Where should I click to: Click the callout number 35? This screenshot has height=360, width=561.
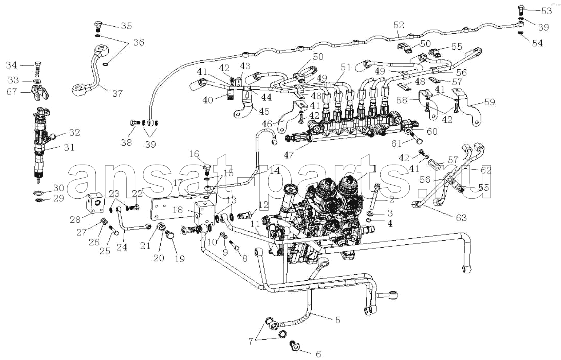[x=126, y=26]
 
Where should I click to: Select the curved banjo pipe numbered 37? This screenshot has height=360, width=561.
[x=93, y=74]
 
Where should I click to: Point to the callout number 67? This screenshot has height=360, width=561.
[x=12, y=91]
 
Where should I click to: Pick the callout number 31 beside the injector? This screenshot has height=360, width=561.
[x=69, y=147]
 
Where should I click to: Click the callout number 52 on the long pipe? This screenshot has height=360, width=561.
[x=398, y=25]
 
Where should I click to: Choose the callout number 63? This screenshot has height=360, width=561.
[x=461, y=217]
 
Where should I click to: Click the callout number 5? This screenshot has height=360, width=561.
[x=337, y=320]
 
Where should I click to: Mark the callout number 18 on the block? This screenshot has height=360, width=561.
[x=178, y=210]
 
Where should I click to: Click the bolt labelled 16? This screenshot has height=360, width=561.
[x=207, y=169]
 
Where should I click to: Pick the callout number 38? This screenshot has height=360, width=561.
[x=127, y=143]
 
